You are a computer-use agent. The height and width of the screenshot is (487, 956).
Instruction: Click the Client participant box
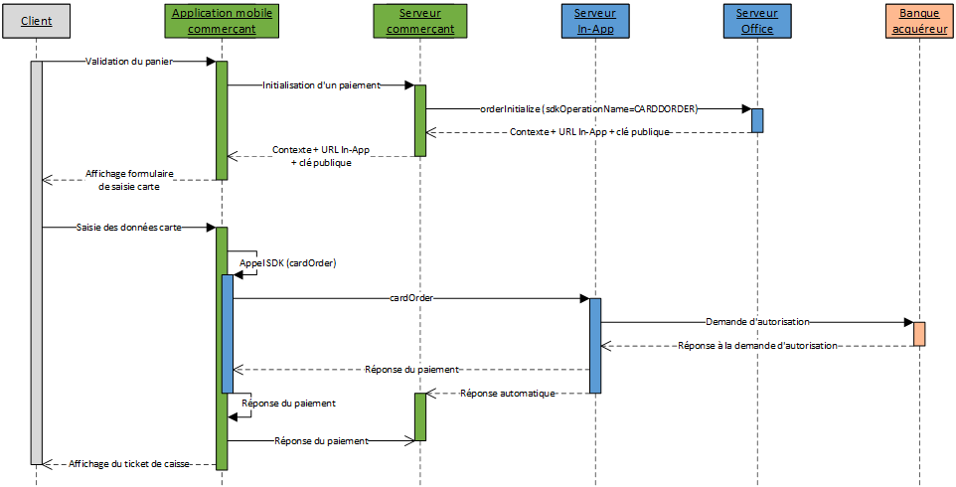tap(37, 21)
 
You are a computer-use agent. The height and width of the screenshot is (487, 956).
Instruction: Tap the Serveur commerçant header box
tap(419, 21)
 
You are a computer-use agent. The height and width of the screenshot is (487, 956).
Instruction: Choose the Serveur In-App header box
tap(594, 21)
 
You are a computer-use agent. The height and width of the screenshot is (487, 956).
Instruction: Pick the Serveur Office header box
tap(756, 21)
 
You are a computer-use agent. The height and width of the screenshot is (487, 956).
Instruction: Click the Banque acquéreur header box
tap(919, 21)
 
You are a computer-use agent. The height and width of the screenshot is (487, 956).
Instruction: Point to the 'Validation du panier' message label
tap(128, 62)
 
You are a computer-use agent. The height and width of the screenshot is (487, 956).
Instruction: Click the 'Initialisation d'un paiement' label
tap(321, 85)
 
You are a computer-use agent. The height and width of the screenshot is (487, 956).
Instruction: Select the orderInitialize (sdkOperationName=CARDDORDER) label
tap(587, 109)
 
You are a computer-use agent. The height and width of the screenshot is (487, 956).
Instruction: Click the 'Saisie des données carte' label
tap(128, 228)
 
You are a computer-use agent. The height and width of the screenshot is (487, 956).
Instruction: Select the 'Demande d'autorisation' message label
tap(757, 322)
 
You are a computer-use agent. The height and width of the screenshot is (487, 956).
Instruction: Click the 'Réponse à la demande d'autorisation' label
tap(757, 346)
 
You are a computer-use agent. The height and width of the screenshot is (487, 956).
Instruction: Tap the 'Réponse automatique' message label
tap(507, 394)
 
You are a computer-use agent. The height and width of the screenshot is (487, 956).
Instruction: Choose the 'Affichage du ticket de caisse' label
tap(128, 464)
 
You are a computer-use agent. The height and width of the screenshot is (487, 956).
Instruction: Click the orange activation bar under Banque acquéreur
tap(919, 334)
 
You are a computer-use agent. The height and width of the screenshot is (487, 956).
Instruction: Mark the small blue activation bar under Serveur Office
tap(756, 120)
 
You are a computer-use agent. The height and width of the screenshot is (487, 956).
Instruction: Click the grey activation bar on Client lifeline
tap(37, 262)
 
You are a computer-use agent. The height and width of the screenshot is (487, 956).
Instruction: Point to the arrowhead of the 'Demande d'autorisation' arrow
tap(908, 322)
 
